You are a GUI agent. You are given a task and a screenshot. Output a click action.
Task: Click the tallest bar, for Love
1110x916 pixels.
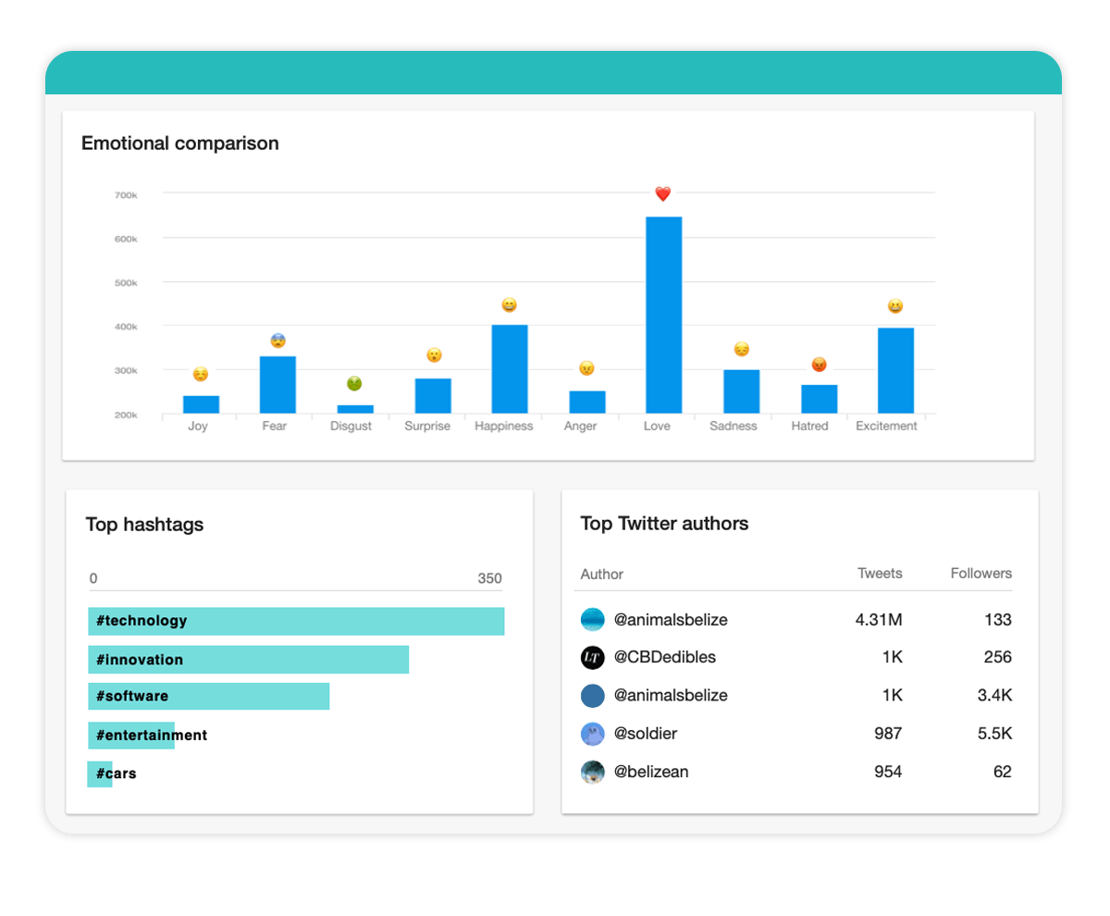coord(663,315)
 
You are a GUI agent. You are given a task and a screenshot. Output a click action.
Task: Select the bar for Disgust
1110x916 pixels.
coord(355,408)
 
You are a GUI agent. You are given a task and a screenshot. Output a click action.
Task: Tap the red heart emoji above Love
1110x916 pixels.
coord(662,194)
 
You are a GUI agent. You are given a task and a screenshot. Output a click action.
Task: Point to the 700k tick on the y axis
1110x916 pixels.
coord(126,195)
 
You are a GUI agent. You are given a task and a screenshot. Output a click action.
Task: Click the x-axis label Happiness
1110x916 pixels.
coord(504,427)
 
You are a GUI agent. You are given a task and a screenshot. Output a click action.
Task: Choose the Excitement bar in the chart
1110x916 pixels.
coord(895,370)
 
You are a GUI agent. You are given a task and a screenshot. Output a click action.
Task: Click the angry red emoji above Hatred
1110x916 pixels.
coord(819,365)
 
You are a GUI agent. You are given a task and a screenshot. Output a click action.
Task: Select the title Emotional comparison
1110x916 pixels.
coord(179,143)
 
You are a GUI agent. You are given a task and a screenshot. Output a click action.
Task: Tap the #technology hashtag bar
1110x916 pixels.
coord(296,621)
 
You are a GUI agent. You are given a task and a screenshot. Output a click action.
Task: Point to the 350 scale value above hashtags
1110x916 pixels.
coord(489,579)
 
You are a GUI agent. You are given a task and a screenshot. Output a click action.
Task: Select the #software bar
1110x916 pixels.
coord(209,697)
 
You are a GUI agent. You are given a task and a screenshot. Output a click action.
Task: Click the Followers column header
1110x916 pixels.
coord(980,574)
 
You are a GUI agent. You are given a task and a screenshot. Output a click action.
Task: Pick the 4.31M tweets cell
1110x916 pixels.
coord(878,620)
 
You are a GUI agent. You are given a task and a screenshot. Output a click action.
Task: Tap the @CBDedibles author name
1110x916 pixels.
coord(665,658)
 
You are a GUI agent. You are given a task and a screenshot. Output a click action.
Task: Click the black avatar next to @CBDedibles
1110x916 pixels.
coord(593,658)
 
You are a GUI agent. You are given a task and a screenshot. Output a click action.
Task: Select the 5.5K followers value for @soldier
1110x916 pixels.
coord(994,734)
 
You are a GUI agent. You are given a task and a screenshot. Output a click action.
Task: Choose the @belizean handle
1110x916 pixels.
coord(651,772)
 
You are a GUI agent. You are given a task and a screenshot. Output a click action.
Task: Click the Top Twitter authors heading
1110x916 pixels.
coord(664,524)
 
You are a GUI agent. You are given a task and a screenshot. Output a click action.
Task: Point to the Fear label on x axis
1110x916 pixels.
coord(275,427)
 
